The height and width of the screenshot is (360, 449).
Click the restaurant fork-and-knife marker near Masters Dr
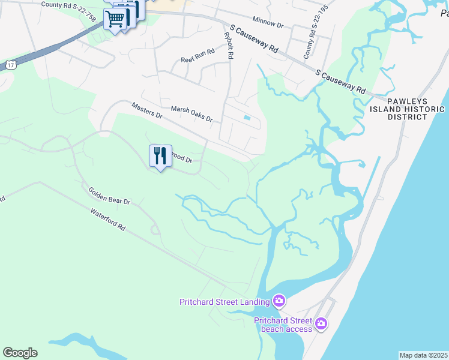coord(160,157)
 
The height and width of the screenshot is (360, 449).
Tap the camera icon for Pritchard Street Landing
coord(279,301)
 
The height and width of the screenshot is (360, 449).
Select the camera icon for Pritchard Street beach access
coord(321,324)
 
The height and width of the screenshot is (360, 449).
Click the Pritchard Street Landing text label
coord(224,302)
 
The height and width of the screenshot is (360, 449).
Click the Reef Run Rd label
coord(197,59)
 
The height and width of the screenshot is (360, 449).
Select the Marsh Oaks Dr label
coord(191,114)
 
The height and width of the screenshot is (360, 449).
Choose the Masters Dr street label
coord(147,110)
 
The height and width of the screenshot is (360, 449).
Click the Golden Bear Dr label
coord(109,196)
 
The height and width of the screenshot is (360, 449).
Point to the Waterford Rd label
coord(108,220)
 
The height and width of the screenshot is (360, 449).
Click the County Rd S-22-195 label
coord(310,37)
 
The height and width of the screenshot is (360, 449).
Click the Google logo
coord(20,353)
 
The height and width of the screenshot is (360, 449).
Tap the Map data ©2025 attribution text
coord(424,355)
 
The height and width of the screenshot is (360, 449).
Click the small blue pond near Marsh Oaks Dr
coord(247,117)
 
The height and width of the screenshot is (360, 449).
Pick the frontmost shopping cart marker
coord(115,19)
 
